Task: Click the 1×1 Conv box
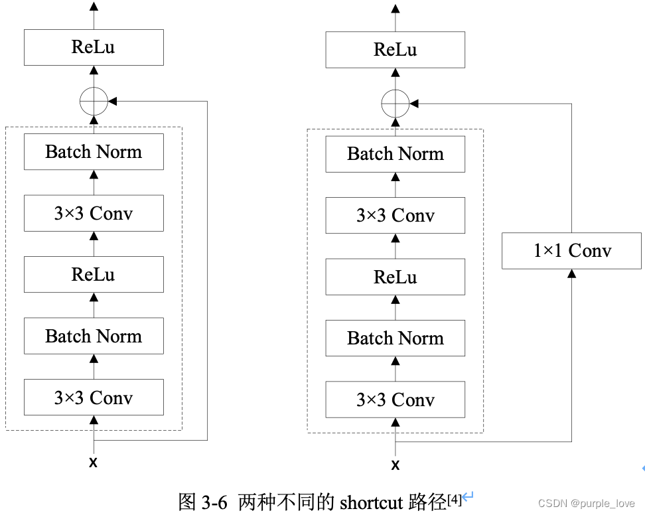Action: pyautogui.click(x=571, y=251)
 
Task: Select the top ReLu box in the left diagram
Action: pyautogui.click(x=94, y=47)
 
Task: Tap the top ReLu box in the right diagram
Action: pyautogui.click(x=395, y=50)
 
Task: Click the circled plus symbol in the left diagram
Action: pyautogui.click(x=94, y=102)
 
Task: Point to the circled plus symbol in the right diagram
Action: pyautogui.click(x=395, y=104)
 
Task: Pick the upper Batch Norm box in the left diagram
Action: pyautogui.click(x=94, y=152)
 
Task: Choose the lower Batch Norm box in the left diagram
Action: pyautogui.click(x=94, y=336)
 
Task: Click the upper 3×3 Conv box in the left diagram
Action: pyautogui.click(x=94, y=213)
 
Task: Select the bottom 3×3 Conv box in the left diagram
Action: pyautogui.click(x=94, y=398)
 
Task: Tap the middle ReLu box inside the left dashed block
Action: pyautogui.click(x=94, y=275)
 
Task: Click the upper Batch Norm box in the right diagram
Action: pyautogui.click(x=395, y=154)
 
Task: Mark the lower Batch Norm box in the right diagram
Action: pyautogui.click(x=395, y=338)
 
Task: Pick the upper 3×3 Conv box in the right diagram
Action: pyautogui.click(x=395, y=216)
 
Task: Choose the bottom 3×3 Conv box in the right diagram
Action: pyautogui.click(x=395, y=400)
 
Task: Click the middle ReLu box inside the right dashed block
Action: pyautogui.click(x=395, y=277)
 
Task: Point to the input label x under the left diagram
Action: pyautogui.click(x=93, y=463)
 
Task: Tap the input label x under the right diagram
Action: pyautogui.click(x=395, y=465)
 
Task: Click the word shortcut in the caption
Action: pyautogui.click(x=371, y=502)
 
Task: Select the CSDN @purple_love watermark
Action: pyautogui.click(x=586, y=504)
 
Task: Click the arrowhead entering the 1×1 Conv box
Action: pyautogui.click(x=571, y=273)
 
